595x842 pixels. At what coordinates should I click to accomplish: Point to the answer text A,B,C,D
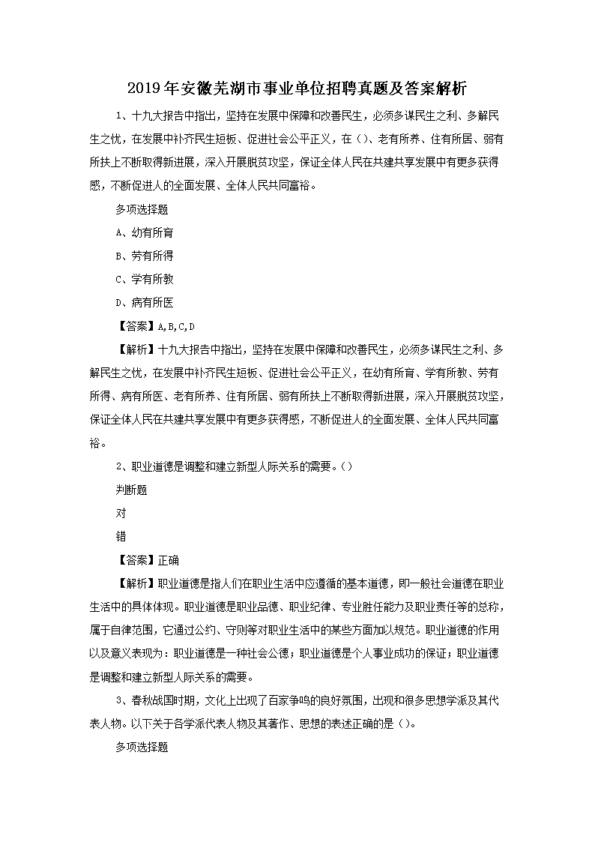pyautogui.click(x=173, y=326)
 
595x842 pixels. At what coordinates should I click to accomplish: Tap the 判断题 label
pyautogui.click(x=130, y=490)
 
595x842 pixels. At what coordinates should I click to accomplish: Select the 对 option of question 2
pyautogui.click(x=121, y=513)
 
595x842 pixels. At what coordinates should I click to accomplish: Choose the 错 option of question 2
pyautogui.click(x=121, y=536)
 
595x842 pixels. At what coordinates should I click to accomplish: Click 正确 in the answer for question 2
pyautogui.click(x=169, y=559)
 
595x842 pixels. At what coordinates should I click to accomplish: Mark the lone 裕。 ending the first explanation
pyautogui.click(x=97, y=442)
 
